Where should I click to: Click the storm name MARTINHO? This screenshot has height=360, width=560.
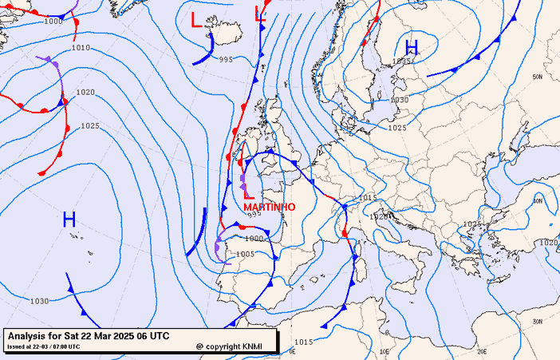tap(269, 207)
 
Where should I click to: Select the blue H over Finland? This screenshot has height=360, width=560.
tap(412, 47)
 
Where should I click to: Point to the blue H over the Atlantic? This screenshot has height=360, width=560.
tap(69, 220)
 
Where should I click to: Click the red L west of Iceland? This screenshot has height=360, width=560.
tap(197, 20)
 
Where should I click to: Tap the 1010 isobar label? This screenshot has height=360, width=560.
tap(81, 48)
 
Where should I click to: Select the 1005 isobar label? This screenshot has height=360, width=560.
tap(246, 254)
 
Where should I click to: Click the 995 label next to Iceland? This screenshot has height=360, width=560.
tap(226, 60)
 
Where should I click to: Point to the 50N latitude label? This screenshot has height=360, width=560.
tap(537, 77)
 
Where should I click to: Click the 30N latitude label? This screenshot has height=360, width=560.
tap(537, 321)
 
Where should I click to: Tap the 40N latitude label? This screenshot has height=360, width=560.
tap(537, 201)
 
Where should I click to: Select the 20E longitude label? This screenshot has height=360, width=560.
tap(481, 350)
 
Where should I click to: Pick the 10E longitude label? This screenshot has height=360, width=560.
tap(384, 350)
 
